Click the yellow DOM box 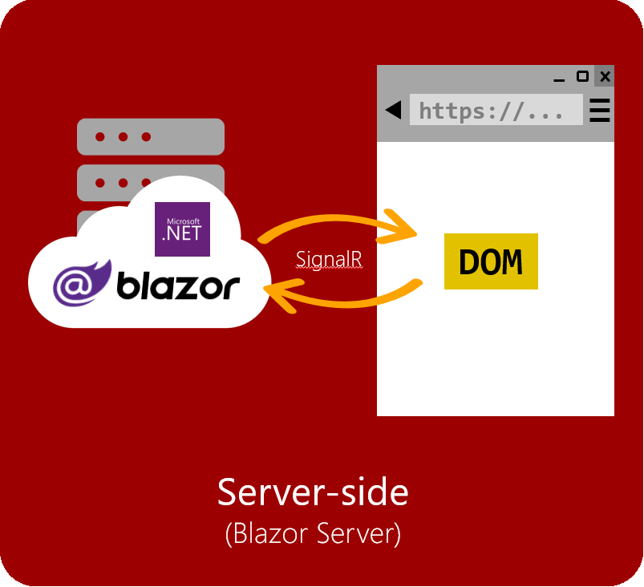tap(491, 261)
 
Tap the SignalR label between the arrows tap(329, 259)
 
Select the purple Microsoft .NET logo tap(182, 229)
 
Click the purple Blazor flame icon tap(82, 283)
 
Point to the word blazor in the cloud tap(178, 285)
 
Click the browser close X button tap(605, 76)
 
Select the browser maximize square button tap(582, 76)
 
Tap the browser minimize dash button tap(559, 80)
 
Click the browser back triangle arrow tap(394, 110)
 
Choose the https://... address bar tap(496, 110)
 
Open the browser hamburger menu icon tap(600, 110)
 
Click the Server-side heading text tap(313, 492)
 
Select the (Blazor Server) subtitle tap(313, 533)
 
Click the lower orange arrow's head tap(283, 295)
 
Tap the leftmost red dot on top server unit tap(99, 137)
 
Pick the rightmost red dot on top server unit tap(146, 137)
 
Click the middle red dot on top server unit tap(123, 137)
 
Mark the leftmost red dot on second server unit tap(99, 183)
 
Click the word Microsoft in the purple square tap(183, 221)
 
